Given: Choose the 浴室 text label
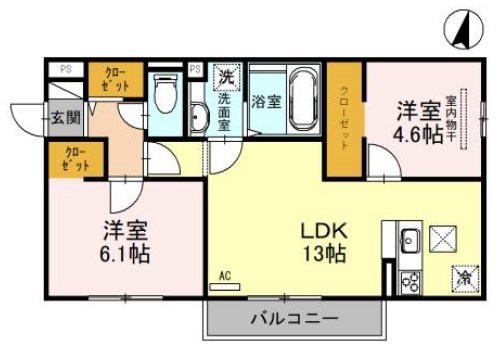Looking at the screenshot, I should (x=265, y=100).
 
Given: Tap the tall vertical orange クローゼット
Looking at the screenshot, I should (x=344, y=118).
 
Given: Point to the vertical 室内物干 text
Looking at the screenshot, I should (x=451, y=119).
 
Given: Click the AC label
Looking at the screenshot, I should (x=224, y=275).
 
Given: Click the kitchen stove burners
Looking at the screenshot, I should (x=409, y=280).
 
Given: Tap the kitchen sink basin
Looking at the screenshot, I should (x=410, y=239).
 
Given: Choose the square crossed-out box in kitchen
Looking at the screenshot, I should (x=442, y=241).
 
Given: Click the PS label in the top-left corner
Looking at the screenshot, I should (x=65, y=69).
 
